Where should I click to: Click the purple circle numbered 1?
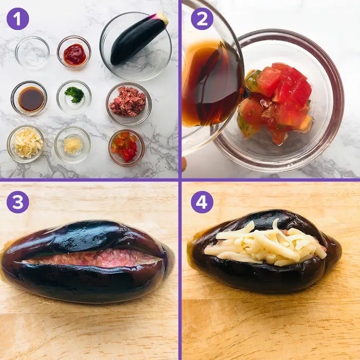pos(17,19)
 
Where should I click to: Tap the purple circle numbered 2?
pos(202,19)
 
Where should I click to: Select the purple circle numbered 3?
pos(17,202)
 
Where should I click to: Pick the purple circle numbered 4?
pos(202,202)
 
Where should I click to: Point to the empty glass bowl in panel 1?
pos(32,53)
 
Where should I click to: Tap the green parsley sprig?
pos(75,94)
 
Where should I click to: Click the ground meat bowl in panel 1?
pos(129,104)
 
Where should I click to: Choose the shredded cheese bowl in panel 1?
pos(26,143)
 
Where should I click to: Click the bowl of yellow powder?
pos(73,145)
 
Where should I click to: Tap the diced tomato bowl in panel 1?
pos(127,148)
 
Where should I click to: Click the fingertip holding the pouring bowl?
pos(184,164)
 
